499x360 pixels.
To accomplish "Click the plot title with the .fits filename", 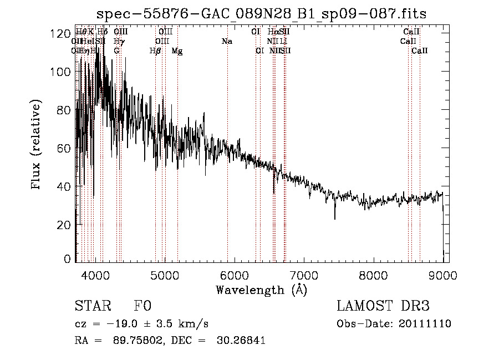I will (261, 14).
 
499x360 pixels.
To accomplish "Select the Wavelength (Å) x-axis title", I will (261, 290).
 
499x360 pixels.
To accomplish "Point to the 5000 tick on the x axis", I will (164, 275).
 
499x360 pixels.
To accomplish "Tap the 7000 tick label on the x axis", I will (304, 275).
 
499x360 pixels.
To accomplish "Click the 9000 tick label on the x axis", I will (442, 275).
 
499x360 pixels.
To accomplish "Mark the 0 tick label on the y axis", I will (68, 259).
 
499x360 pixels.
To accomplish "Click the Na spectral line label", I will (226, 41).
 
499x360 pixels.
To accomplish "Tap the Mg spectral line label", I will (177, 51).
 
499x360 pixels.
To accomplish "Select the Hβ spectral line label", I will (155, 51).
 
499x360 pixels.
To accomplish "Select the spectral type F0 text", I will (142, 306).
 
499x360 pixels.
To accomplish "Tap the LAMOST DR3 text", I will (383, 306).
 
